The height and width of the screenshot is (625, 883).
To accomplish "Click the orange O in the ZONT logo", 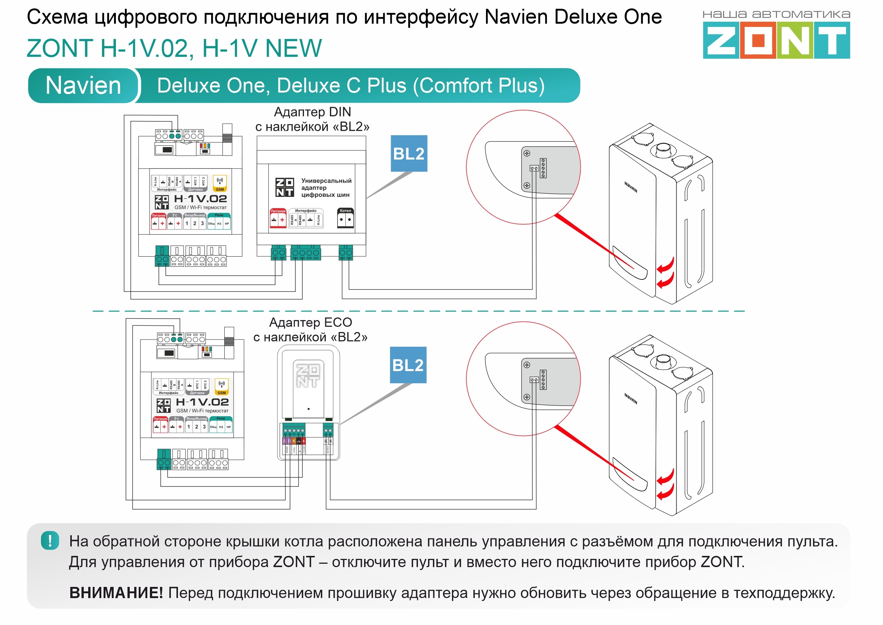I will pyautogui.click(x=757, y=40).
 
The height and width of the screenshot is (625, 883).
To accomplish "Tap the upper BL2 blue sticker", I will pyautogui.click(x=409, y=153).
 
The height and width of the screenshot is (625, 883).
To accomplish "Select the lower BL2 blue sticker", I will pyautogui.click(x=408, y=365).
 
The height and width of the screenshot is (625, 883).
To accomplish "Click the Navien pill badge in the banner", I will pyautogui.click(x=83, y=86).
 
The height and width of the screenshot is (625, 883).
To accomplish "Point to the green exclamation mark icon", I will pyautogui.click(x=50, y=540).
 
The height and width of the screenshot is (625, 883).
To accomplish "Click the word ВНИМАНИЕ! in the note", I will pyautogui.click(x=116, y=592).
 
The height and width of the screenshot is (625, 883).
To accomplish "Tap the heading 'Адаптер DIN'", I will pyautogui.click(x=312, y=112).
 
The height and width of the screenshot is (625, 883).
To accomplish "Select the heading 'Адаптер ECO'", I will pyautogui.click(x=310, y=322).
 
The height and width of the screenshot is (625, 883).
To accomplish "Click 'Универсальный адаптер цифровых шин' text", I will pyautogui.click(x=326, y=188).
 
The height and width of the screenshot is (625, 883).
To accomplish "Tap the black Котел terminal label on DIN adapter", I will pyautogui.click(x=345, y=211).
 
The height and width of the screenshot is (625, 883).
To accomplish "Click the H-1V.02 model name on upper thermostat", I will pyautogui.click(x=200, y=199).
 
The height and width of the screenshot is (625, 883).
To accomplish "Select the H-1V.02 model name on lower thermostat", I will pyautogui.click(x=202, y=402).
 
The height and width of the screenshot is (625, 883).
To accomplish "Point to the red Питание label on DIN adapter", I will pyautogui.click(x=278, y=211).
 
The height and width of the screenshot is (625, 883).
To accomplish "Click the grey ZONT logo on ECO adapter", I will pyautogui.click(x=308, y=375).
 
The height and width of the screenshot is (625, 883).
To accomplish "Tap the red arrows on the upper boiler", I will pyautogui.click(x=665, y=272).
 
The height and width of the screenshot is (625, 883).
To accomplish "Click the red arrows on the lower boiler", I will pyautogui.click(x=665, y=484).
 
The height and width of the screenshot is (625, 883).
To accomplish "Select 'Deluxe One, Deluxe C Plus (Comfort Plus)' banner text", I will pyautogui.click(x=350, y=86).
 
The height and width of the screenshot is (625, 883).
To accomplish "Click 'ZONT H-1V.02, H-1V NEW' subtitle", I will pyautogui.click(x=174, y=49).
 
